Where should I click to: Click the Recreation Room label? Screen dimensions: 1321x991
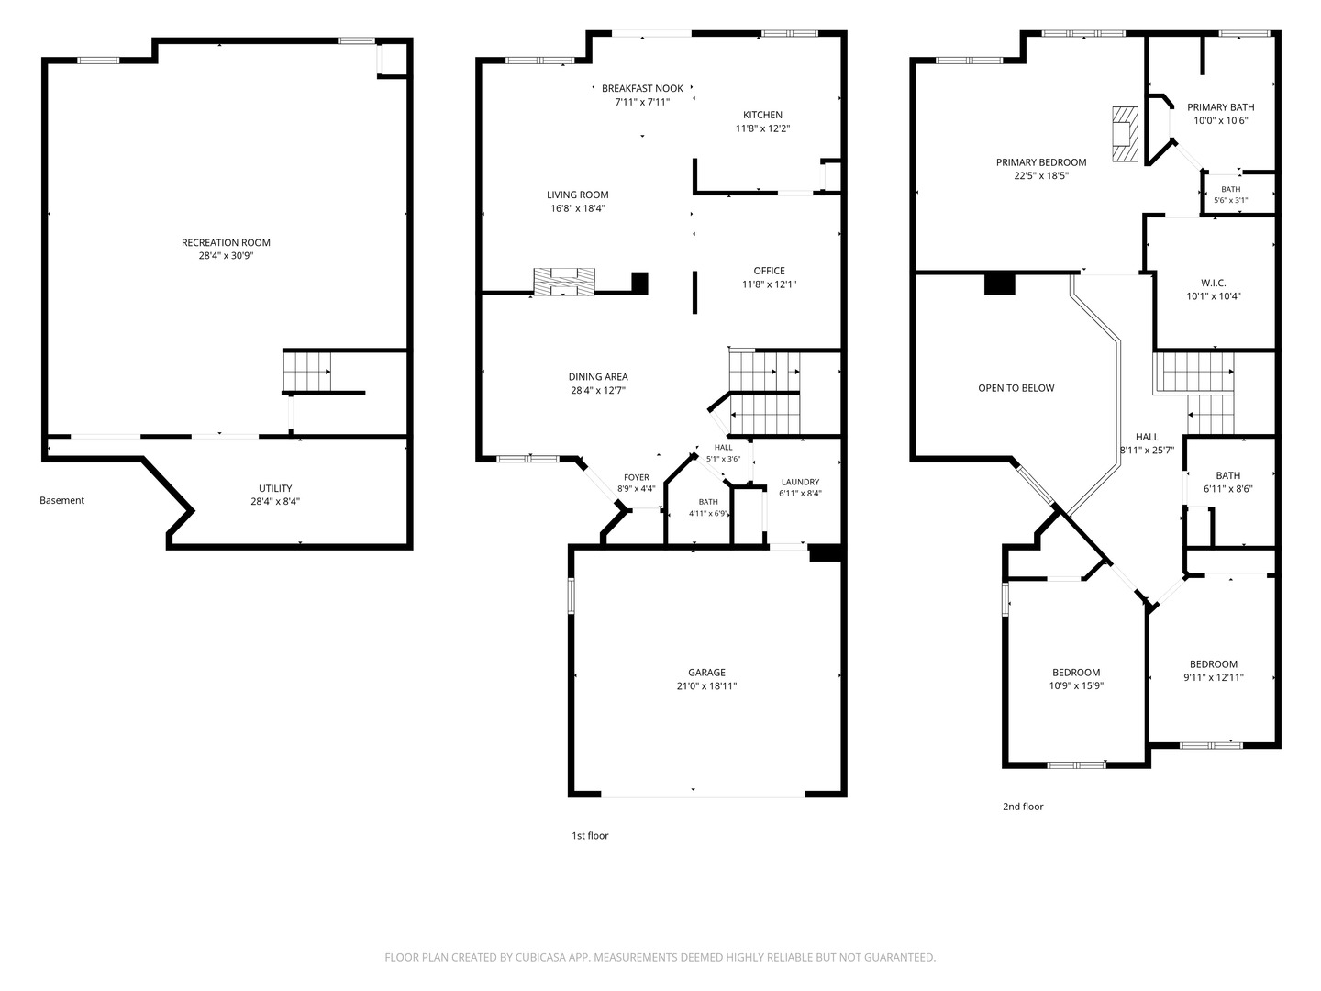226,242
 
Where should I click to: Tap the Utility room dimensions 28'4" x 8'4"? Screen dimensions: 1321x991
275,501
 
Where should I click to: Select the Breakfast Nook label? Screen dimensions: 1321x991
642,88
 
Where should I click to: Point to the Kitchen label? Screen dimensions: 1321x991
762,115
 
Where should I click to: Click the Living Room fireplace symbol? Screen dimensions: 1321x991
564,283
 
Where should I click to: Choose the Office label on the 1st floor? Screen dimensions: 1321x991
769,271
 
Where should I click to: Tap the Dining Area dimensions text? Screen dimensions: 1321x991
597,391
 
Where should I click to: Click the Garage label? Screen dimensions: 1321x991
706,672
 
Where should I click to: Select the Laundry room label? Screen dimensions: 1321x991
800,482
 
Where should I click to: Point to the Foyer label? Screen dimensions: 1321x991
636,478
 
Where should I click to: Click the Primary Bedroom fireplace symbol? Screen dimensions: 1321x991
1124,134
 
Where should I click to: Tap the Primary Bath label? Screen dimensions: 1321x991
1220,107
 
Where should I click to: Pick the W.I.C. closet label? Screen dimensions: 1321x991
1214,283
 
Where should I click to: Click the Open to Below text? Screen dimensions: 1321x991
1016,388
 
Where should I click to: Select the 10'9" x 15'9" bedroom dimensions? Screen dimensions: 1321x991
1076,685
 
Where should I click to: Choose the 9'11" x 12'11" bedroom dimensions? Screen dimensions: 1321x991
1214,677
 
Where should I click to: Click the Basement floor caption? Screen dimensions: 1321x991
62,500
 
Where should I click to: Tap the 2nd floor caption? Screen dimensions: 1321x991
1023,807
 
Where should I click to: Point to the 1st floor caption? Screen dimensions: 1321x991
590,835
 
